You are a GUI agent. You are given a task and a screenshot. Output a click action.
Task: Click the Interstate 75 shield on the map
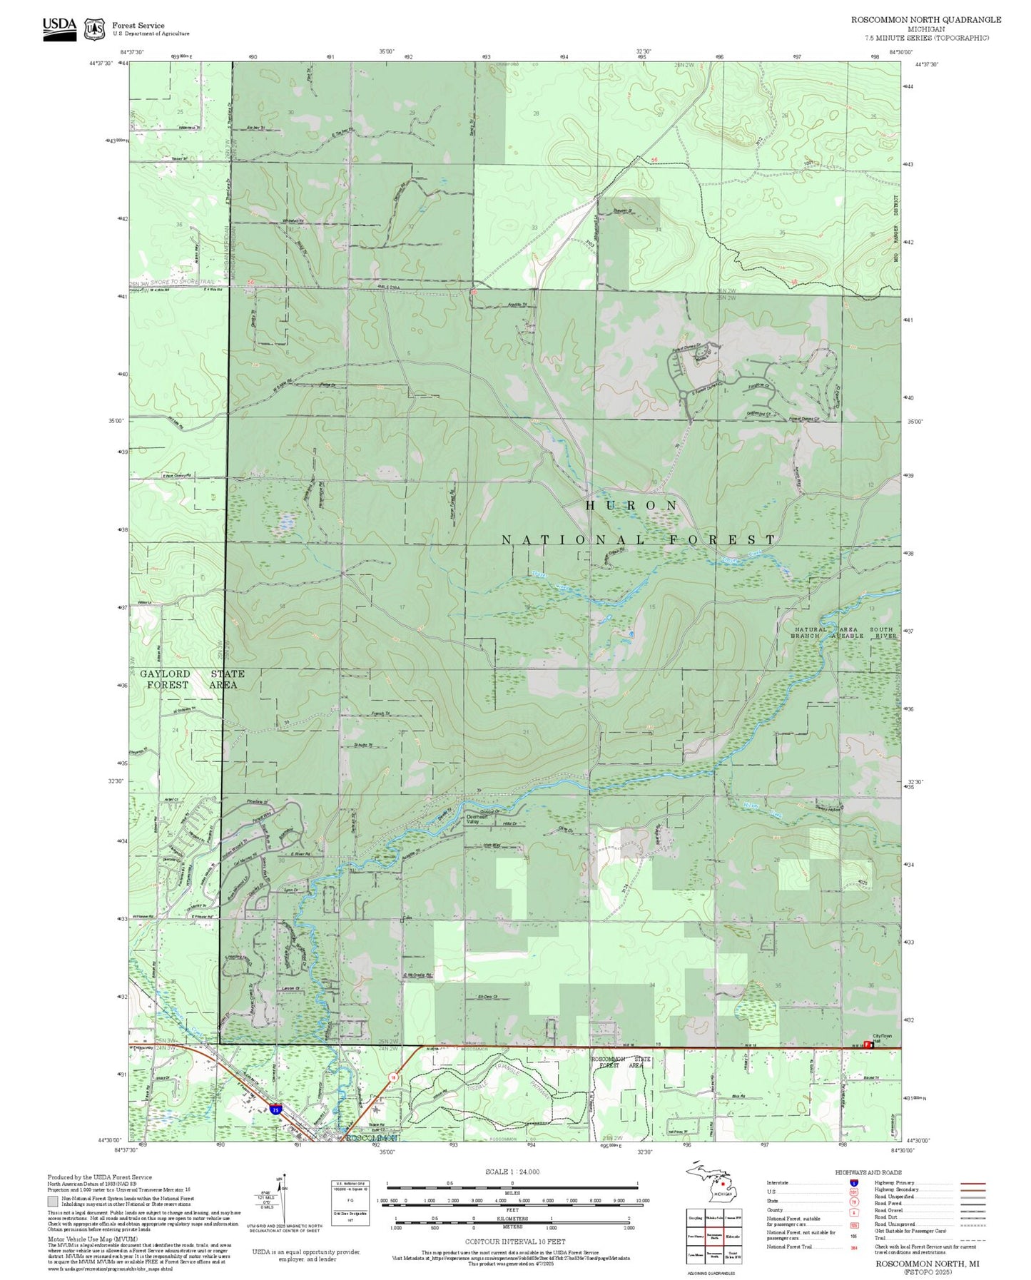point(275,1110)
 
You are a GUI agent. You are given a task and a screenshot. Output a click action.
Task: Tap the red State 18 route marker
point(392,1077)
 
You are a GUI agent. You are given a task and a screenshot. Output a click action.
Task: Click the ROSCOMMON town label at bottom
point(372,1138)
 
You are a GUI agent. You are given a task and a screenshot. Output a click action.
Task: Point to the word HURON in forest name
point(631,505)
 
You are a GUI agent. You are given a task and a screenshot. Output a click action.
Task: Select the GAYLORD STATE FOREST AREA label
point(192,679)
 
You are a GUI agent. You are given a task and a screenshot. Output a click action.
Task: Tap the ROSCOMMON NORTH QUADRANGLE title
point(925,20)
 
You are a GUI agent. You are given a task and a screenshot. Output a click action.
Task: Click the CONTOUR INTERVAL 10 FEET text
point(514,1242)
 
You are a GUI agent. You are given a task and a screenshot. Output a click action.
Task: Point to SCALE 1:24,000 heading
point(512,1172)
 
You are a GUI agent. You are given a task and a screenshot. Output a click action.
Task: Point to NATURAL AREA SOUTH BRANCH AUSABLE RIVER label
point(843,633)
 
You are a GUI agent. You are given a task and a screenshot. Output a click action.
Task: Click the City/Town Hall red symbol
point(868,1045)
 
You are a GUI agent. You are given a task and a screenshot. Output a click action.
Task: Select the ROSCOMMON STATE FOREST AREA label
point(620,1062)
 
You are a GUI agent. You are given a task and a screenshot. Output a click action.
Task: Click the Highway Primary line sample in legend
point(972,1183)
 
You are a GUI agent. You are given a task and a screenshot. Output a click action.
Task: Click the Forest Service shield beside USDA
point(94,29)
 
